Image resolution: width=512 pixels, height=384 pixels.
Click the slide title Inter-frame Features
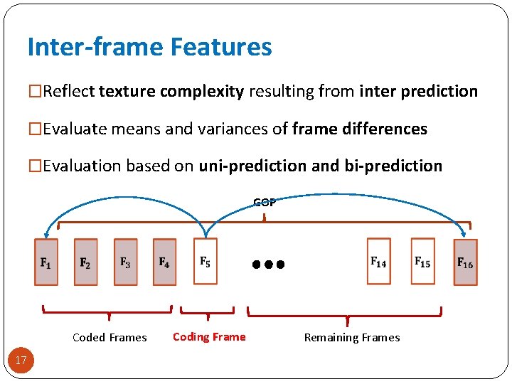149,47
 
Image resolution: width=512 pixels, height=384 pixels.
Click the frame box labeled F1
46,262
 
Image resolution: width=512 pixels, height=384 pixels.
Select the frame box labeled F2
85,262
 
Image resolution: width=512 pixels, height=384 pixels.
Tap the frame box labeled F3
125,262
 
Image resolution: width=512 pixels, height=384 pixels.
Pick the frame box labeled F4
164,262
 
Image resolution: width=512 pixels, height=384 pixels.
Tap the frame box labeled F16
465,262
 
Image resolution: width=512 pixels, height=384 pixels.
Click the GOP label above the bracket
265,202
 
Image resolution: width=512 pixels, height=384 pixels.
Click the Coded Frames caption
110,338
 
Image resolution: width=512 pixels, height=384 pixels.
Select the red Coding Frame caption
209,337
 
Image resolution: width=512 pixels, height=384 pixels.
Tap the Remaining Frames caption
352,338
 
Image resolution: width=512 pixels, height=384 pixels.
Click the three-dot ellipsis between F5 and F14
268,264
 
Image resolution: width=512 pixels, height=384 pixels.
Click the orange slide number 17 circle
21,361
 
